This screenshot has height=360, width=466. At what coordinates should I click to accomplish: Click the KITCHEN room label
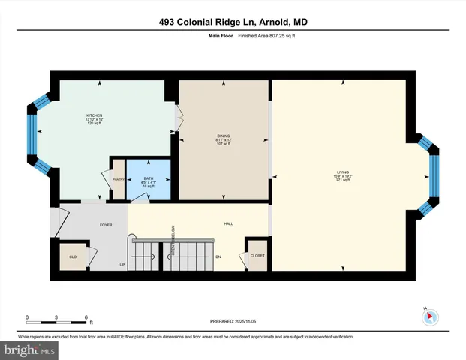tap(94, 115)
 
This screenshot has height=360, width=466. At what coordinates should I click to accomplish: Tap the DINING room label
tap(222, 136)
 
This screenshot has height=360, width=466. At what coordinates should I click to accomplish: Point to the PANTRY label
tap(117, 179)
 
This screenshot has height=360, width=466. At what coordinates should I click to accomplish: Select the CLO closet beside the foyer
tap(74, 256)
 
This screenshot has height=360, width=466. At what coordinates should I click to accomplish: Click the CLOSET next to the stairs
tap(257, 256)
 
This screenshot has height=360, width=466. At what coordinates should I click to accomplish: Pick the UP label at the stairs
tap(122, 265)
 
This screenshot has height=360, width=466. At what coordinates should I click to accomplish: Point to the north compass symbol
tap(429, 317)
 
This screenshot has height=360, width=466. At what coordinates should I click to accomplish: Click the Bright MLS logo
tap(29, 349)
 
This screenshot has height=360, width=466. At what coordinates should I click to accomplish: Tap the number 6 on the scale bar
tap(86, 317)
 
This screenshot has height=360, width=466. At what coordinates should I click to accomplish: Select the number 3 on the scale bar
tap(57, 317)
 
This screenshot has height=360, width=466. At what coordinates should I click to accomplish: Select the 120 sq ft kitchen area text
tap(94, 124)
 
